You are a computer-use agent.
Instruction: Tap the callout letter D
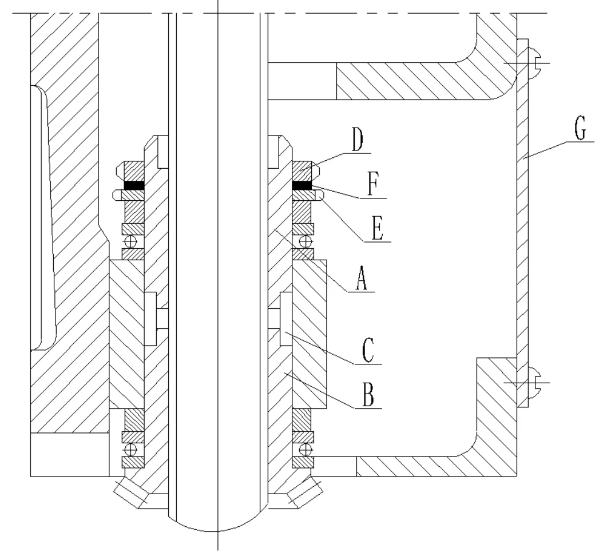357,140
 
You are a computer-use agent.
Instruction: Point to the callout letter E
377,228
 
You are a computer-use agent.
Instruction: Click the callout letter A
361,278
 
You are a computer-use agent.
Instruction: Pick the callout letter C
368,350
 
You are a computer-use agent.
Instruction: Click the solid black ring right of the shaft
302,185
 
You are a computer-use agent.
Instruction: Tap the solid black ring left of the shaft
134,185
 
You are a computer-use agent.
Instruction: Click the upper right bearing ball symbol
306,242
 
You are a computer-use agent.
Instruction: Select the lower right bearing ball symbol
306,449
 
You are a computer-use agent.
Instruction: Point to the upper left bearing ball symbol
131,242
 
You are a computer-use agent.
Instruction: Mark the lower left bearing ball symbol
131,449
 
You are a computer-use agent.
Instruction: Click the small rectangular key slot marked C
286,319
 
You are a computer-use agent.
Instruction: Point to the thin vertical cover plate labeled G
523,223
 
